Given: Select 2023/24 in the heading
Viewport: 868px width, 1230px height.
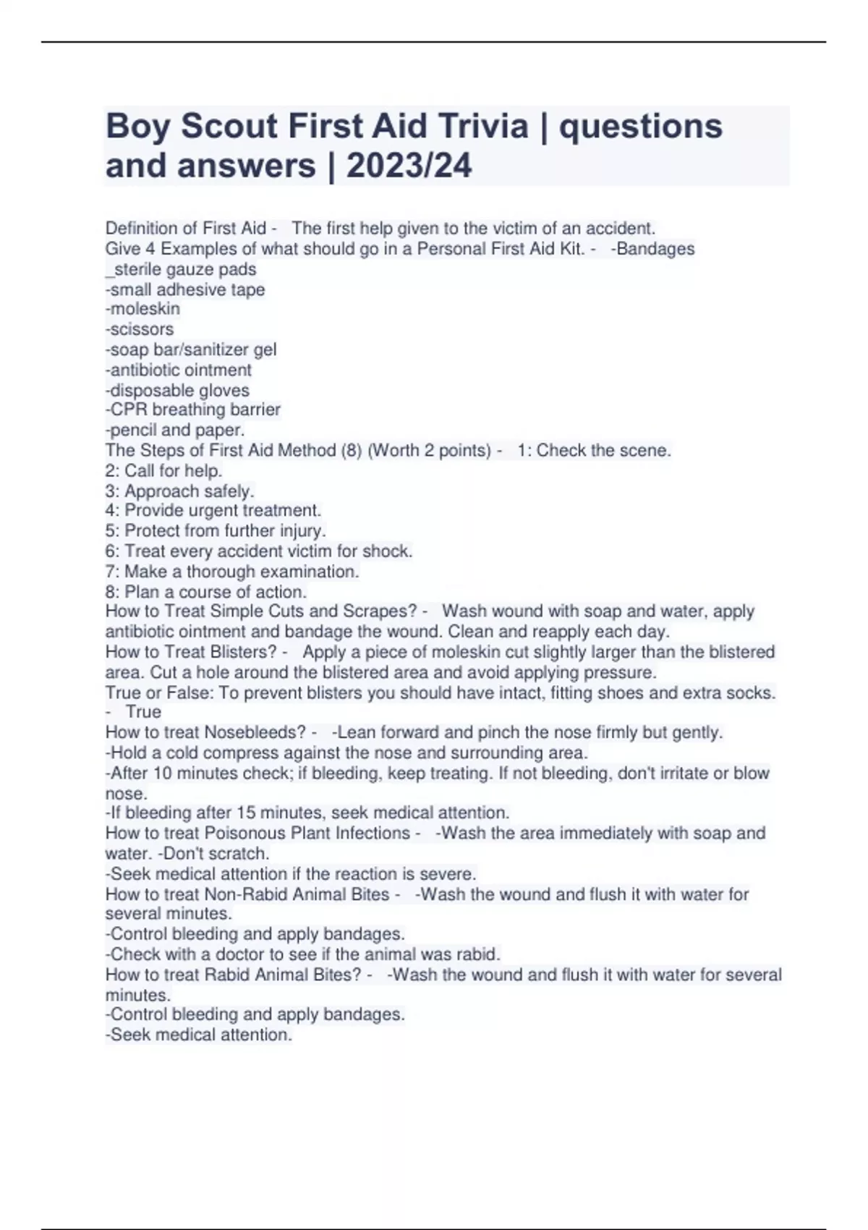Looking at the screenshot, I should click(x=409, y=166).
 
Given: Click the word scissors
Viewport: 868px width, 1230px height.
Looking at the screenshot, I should click(x=141, y=329).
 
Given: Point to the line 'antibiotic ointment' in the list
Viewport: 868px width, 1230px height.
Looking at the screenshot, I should click(x=179, y=370).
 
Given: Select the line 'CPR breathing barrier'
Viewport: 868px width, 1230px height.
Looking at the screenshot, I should click(x=194, y=410).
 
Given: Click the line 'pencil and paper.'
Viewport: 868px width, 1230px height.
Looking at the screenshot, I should click(x=176, y=430).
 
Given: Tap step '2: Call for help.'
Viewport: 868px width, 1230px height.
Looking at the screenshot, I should click(x=163, y=470).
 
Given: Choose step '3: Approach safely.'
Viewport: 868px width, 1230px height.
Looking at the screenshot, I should click(x=179, y=491).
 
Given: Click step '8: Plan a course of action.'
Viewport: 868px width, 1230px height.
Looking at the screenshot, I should click(x=206, y=592).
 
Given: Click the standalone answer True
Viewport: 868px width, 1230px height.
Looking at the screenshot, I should click(x=143, y=712).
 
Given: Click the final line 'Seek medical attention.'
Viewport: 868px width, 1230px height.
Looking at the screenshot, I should click(x=200, y=1035).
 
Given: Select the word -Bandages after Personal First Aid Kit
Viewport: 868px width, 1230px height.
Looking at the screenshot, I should click(x=652, y=249).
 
